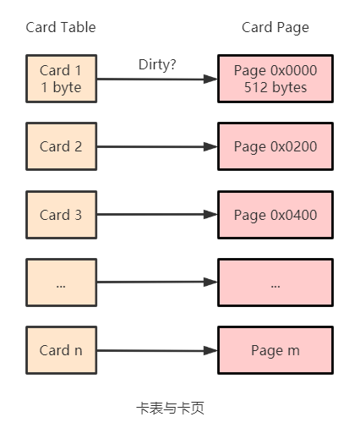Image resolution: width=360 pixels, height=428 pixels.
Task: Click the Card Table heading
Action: pos(61,27)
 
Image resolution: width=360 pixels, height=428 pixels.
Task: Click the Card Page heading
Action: pos(275,28)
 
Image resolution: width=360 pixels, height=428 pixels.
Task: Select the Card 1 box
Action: pos(62,79)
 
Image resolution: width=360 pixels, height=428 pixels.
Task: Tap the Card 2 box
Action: pos(62,146)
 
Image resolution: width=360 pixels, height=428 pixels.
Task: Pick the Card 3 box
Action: pos(62,215)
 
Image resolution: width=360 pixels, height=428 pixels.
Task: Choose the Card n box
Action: pos(62,350)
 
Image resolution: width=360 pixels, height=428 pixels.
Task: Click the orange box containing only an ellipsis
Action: pos(62,283)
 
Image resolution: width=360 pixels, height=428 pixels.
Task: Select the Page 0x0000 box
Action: pos(275,79)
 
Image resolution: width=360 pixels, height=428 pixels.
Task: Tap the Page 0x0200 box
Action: pos(275,146)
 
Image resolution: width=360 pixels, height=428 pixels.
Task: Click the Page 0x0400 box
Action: pos(275,215)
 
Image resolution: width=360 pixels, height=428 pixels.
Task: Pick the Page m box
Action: pos(275,350)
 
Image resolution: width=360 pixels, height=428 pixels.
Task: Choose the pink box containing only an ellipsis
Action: pos(275,283)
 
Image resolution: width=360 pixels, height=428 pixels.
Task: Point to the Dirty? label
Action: pos(157,65)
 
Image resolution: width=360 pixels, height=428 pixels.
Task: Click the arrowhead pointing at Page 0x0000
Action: pos(210,79)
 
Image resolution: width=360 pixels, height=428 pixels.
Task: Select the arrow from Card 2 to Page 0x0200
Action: pos(157,146)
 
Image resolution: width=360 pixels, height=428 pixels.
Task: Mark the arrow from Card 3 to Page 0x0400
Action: pos(157,214)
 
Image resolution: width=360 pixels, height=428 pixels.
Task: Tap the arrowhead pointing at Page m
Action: pos(210,351)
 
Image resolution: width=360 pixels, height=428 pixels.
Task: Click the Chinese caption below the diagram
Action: pos(171,408)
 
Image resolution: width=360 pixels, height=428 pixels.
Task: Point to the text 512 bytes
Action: pos(275,87)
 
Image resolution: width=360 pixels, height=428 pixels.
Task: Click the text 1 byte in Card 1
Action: pos(61,87)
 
